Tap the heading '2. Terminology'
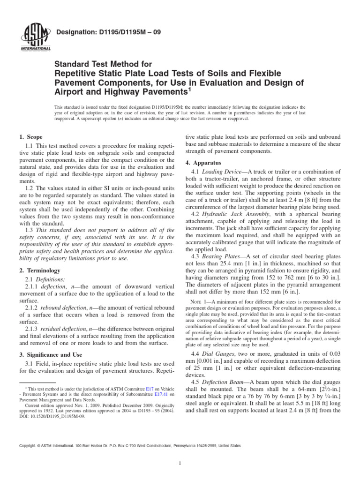click(40, 270)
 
